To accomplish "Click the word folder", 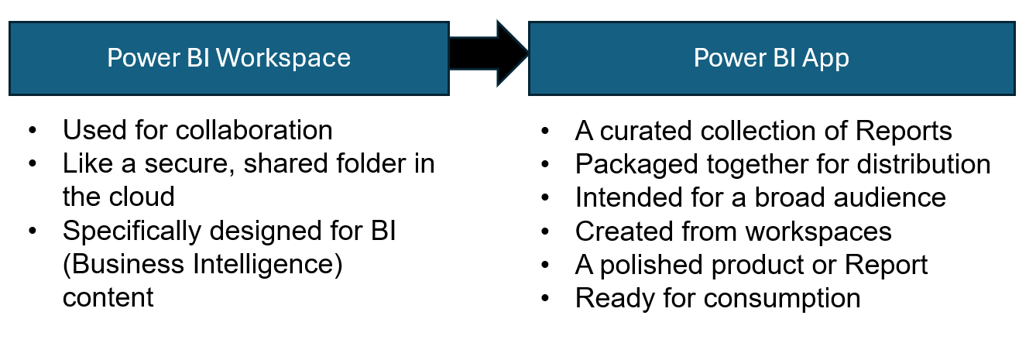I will tap(369, 163).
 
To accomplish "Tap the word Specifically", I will tap(135, 231).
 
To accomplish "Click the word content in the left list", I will tap(108, 297).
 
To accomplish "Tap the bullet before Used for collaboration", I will tap(32, 131).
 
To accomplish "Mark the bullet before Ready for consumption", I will tap(544, 298).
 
